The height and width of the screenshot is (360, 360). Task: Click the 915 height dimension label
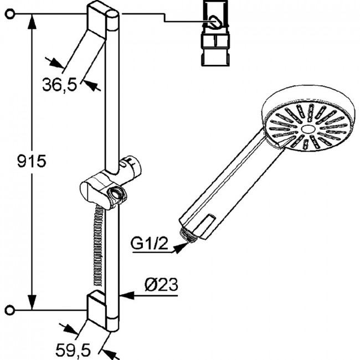coord(32,161)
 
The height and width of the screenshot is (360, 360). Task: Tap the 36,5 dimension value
coord(60,85)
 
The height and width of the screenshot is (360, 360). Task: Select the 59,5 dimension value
coord(73,350)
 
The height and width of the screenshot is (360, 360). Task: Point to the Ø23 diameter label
coord(161,285)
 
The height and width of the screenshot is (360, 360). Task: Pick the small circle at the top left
coord(10,14)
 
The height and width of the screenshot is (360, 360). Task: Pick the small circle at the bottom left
coord(10,310)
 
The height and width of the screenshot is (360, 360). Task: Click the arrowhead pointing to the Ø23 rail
coord(126,296)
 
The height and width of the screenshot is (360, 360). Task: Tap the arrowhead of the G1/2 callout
coord(181,247)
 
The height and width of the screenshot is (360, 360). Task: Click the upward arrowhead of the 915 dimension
coord(32,22)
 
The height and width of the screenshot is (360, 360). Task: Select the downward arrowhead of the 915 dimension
coord(32,302)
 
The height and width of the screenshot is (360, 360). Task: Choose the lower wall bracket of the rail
coord(96,309)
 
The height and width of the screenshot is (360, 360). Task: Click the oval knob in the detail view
coord(215,22)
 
